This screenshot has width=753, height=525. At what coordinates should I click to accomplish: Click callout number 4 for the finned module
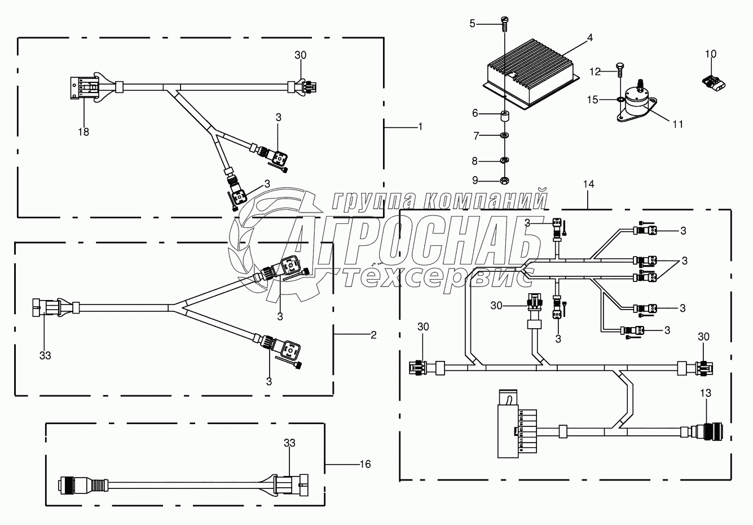click(589, 38)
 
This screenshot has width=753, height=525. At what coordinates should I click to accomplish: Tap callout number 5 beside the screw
click(473, 23)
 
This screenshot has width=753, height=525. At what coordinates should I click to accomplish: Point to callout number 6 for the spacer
click(475, 113)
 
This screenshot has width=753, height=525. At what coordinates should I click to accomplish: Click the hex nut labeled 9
click(505, 180)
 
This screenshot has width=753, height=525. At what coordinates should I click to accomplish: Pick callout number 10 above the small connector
click(710, 54)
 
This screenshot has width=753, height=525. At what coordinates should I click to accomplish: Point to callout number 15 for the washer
click(592, 100)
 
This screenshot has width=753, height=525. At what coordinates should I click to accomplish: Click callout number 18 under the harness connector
click(84, 131)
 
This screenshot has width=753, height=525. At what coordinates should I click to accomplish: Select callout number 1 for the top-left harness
click(420, 127)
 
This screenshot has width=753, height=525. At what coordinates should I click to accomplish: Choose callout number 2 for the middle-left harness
click(373, 334)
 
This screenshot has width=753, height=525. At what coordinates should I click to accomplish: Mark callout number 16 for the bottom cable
click(366, 464)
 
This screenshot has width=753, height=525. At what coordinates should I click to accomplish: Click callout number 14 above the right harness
click(589, 184)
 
